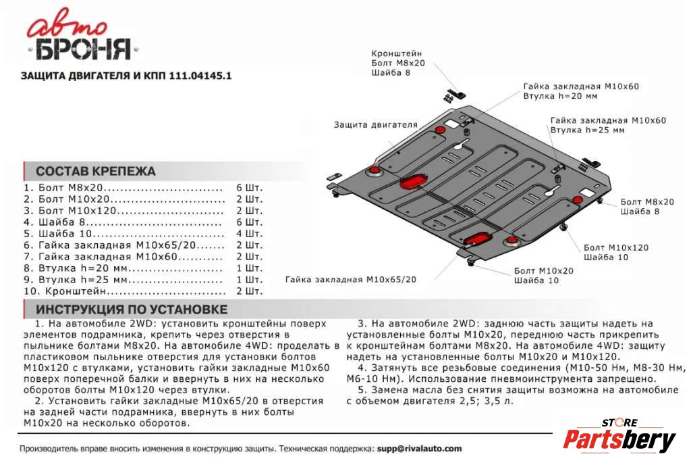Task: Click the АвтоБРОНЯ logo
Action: pos(80,39)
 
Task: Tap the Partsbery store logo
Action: pos(619,438)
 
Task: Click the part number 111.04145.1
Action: pos(202,76)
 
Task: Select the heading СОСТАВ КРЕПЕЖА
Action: pos(95,171)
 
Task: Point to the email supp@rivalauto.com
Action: pos(420,448)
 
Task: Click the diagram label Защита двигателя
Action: pos(375,125)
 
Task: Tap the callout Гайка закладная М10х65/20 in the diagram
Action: pos(351,279)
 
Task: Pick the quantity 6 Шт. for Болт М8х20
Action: pos(249,188)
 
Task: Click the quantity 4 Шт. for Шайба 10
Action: pos(249,233)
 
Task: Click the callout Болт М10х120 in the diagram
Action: pos(616,247)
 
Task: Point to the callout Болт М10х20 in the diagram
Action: pos(543,270)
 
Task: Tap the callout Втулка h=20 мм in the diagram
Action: pos(560,97)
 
